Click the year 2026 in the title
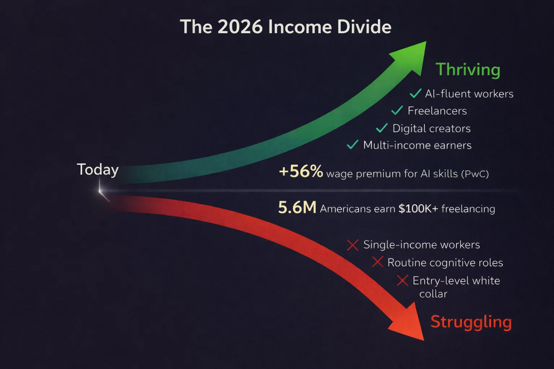point(240,27)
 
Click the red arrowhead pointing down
point(408,323)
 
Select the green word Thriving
point(468,70)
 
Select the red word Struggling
point(471,322)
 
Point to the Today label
point(98,170)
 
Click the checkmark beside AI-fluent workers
point(415,93)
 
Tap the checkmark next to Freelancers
point(397,110)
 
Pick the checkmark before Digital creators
point(382,128)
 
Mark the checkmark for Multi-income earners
point(352,145)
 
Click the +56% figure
point(301,171)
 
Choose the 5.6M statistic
point(297,207)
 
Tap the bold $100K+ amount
point(418,209)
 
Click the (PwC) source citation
point(475,174)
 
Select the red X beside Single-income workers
point(353,245)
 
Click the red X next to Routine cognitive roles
point(378,262)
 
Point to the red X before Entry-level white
point(403,280)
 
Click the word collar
point(433,294)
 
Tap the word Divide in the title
point(364,27)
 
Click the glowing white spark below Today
point(100,191)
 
